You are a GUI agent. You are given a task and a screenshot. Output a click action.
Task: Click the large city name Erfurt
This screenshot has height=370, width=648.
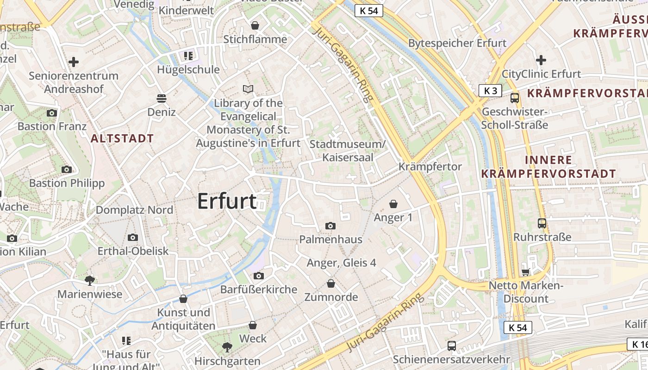[227, 201]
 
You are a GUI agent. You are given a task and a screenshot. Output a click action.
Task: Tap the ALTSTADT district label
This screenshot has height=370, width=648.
[122, 138]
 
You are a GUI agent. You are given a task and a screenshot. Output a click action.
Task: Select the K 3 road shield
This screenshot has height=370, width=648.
[490, 91]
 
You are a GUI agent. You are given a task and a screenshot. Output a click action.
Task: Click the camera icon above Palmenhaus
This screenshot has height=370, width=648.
[330, 226]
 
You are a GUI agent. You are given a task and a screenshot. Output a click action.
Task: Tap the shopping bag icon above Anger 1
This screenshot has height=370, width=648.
[393, 203]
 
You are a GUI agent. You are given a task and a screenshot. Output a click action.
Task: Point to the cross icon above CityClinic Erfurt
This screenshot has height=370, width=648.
[541, 60]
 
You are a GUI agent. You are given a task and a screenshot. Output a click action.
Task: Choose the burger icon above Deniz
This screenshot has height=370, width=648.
[161, 98]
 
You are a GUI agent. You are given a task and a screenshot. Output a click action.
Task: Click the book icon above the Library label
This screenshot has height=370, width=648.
[248, 89]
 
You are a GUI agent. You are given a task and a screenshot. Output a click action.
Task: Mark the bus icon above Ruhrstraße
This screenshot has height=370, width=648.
[542, 223]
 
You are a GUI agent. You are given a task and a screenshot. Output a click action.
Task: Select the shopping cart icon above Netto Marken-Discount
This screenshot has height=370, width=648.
[525, 272]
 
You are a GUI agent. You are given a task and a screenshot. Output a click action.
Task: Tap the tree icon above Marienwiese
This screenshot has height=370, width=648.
[90, 280]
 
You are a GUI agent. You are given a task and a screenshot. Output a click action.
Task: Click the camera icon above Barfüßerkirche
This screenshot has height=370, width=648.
[258, 276]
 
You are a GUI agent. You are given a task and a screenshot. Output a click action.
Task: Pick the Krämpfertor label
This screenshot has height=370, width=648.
[430, 166]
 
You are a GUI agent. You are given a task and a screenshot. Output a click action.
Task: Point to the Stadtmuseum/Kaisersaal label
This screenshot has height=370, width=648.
[347, 151]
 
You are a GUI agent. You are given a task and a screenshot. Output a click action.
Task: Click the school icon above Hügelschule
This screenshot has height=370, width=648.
[188, 56]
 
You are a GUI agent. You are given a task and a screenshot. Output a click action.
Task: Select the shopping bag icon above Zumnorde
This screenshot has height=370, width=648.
[330, 283]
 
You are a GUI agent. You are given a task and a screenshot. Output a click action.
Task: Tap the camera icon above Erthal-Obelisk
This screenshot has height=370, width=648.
[133, 237]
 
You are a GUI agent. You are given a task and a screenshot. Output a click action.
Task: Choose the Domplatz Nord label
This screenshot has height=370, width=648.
[134, 210]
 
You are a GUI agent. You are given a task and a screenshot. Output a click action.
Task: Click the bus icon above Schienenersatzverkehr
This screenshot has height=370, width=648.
[451, 345]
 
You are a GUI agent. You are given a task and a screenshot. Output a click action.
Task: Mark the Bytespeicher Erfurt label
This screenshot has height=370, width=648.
[457, 43]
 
